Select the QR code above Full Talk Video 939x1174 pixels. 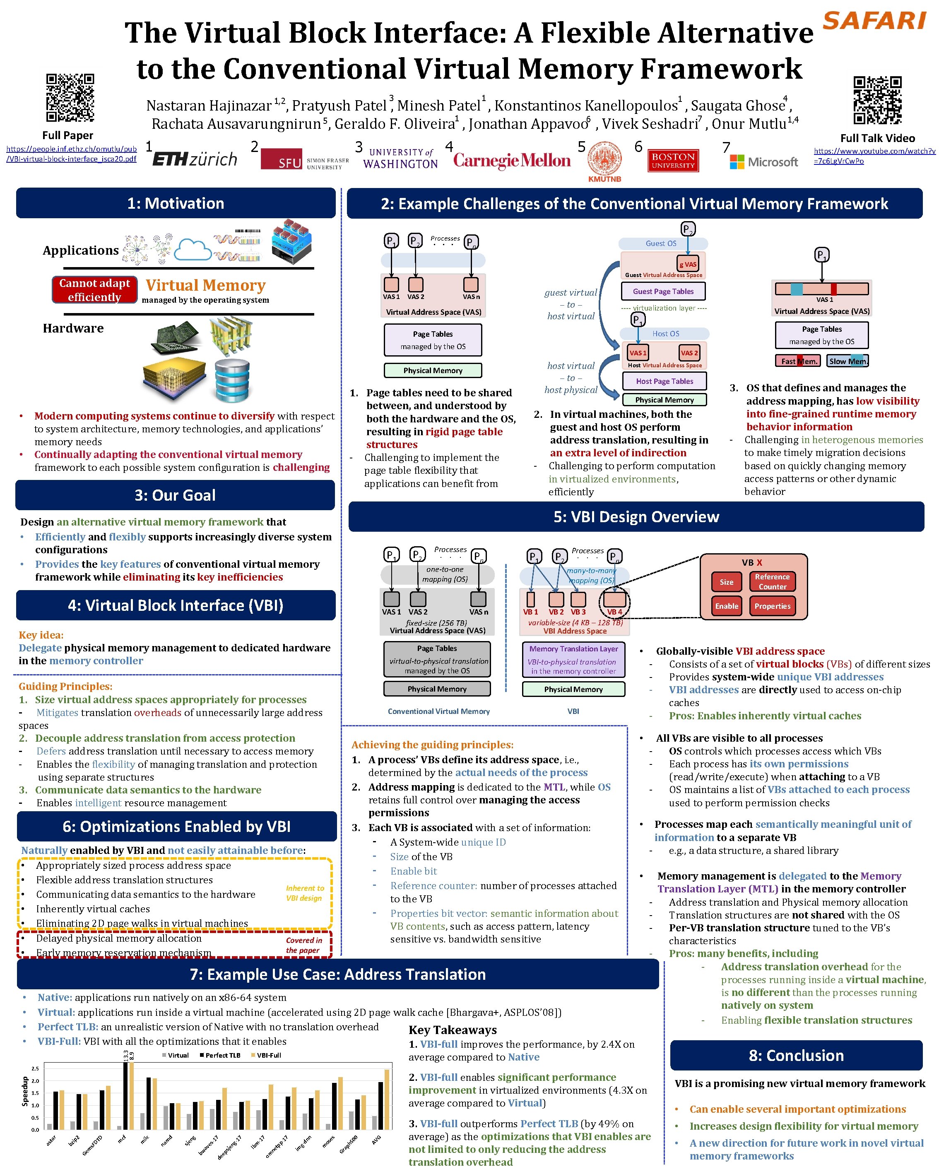click(877, 101)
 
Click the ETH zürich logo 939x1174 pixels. click(195, 159)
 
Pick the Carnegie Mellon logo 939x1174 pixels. click(512, 160)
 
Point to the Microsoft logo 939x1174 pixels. click(764, 162)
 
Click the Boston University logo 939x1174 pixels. click(673, 161)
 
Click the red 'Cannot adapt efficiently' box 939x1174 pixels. click(94, 290)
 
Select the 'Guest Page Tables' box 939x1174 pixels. click(663, 291)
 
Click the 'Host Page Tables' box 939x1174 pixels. click(664, 381)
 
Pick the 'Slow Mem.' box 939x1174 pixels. click(848, 361)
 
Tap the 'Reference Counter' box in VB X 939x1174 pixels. click(772, 581)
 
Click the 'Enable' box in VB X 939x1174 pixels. click(726, 606)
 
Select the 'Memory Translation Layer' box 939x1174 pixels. click(573, 659)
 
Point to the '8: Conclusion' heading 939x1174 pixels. click(796, 1055)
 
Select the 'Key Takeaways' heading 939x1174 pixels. click(453, 1030)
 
